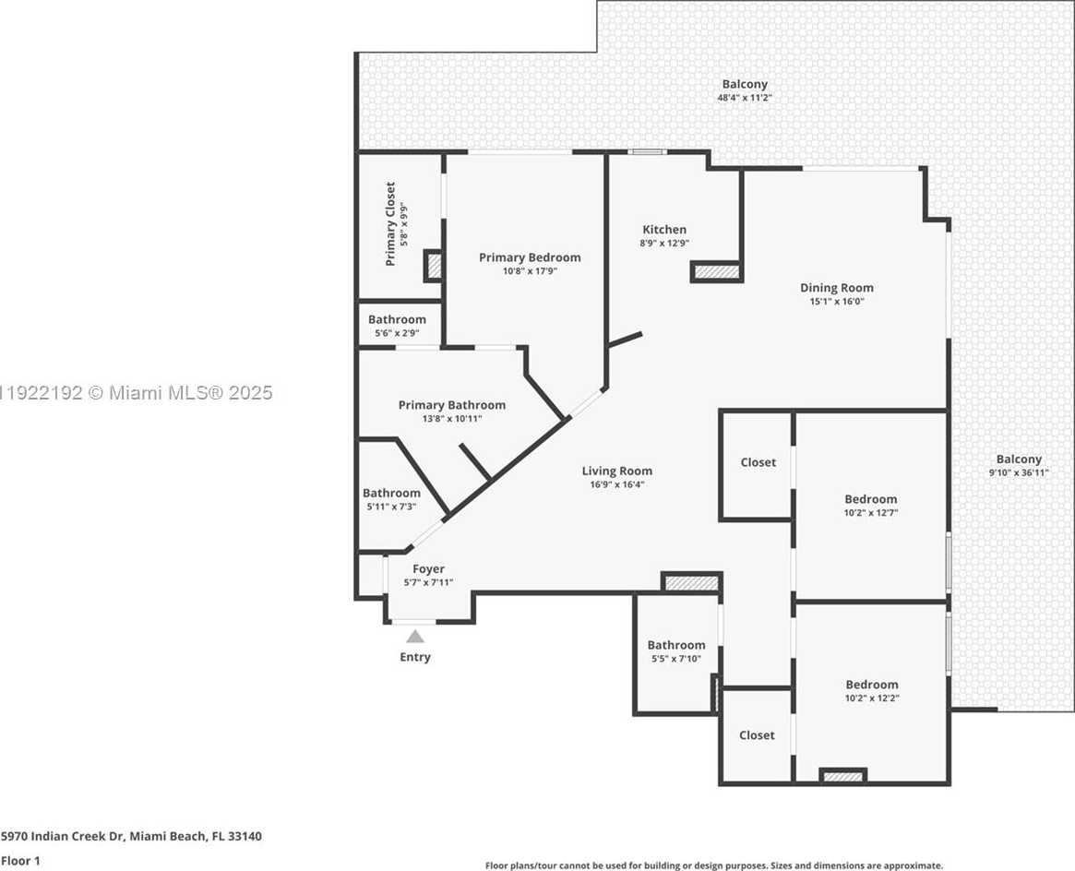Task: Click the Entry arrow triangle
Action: point(415,636)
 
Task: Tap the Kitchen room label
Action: point(664,230)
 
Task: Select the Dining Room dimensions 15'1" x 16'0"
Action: point(837,301)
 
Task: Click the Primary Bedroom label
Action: point(530,257)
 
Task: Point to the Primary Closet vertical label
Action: point(390,224)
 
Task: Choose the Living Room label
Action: point(616,471)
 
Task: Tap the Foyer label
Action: point(428,569)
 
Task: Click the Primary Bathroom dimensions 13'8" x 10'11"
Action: point(452,418)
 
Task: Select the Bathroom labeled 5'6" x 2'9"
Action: point(397,319)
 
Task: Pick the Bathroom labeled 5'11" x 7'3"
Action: point(391,493)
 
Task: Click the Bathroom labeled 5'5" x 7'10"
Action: point(675,645)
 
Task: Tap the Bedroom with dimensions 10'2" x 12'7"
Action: point(870,499)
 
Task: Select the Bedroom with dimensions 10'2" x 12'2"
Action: point(871,685)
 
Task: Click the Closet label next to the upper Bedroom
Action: point(758,462)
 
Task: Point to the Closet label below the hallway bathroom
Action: point(757,735)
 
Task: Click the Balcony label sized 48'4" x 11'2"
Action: point(744,84)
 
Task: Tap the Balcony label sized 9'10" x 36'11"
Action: point(1018,459)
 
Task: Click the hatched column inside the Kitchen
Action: point(717,272)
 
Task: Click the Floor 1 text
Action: point(20,861)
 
